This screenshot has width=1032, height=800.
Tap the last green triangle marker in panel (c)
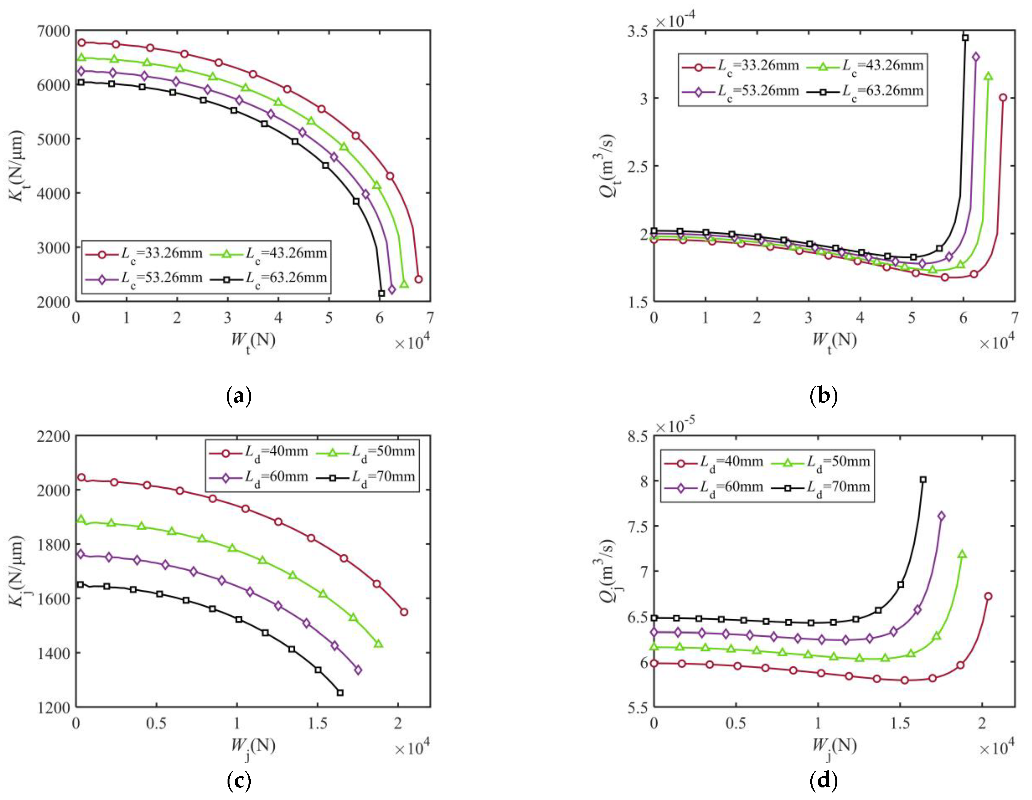(378, 644)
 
